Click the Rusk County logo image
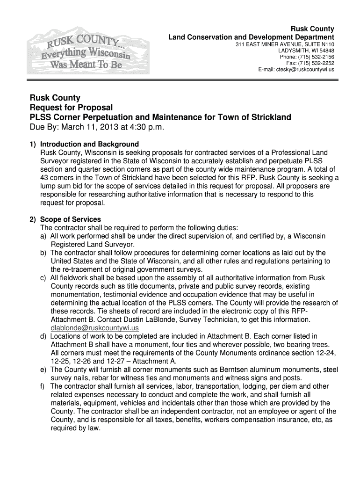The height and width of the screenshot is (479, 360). [x=88, y=51]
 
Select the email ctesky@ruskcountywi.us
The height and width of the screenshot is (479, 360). [x=303, y=69]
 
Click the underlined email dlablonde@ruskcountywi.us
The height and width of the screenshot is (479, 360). [x=94, y=328]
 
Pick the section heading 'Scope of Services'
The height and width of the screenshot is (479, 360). [x=71, y=219]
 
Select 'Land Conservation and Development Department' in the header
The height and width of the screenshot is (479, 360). [x=251, y=37]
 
